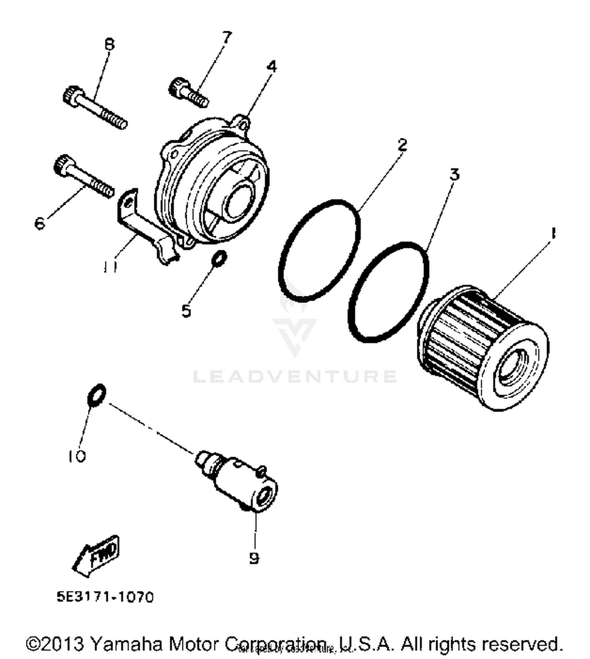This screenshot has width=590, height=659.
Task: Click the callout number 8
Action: (x=109, y=44)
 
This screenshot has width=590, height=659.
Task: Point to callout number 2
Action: (x=402, y=145)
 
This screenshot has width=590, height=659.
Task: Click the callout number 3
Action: (x=454, y=174)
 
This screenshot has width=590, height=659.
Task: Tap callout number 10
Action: (x=77, y=456)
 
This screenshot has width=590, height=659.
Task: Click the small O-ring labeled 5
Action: (x=219, y=259)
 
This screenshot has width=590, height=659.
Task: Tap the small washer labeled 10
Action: (x=96, y=395)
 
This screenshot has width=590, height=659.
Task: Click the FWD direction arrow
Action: (x=97, y=555)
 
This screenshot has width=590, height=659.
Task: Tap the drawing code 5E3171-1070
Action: (x=105, y=597)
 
